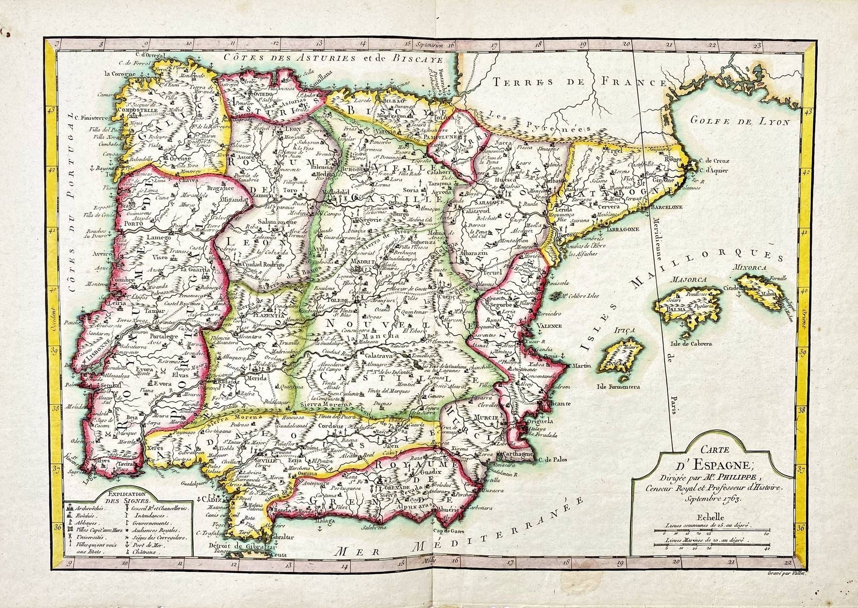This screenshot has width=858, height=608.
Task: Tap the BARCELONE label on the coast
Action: [x=667, y=207]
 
